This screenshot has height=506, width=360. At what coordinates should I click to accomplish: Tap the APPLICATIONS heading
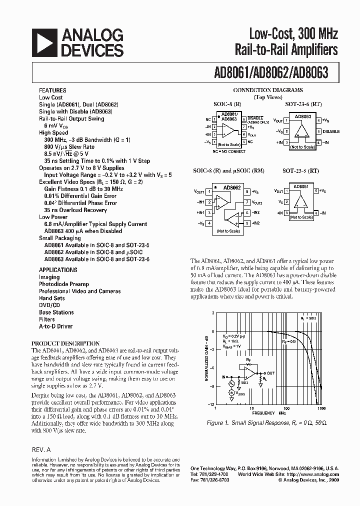[58, 270]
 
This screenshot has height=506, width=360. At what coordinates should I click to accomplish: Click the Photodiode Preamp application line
[64, 284]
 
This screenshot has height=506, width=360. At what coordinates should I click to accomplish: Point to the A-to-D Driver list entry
[55, 326]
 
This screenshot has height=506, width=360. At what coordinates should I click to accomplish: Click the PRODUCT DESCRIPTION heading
[65, 343]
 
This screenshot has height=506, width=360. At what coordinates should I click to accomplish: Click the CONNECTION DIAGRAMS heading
[268, 90]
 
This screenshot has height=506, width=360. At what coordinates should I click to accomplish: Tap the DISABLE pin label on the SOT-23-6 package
[331, 131]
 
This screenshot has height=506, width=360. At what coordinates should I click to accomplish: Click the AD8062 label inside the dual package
[232, 187]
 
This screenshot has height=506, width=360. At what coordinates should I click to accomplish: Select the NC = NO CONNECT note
[229, 150]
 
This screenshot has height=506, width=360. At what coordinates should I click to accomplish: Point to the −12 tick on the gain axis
[211, 404]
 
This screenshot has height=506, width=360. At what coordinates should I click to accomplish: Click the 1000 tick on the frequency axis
[321, 408]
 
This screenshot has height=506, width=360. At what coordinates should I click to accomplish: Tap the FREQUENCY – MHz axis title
[269, 413]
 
